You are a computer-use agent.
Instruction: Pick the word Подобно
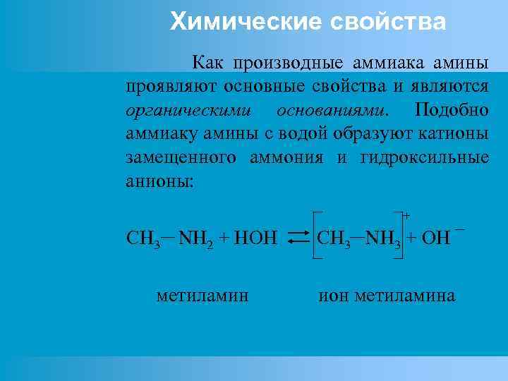pos(452,111)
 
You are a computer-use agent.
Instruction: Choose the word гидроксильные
pos(424,157)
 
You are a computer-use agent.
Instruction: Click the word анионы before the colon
pos(157,180)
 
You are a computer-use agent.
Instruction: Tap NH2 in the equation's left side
pos(192,237)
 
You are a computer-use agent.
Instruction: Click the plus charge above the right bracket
pos(406,214)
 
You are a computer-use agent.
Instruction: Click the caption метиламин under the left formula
pos(202,295)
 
